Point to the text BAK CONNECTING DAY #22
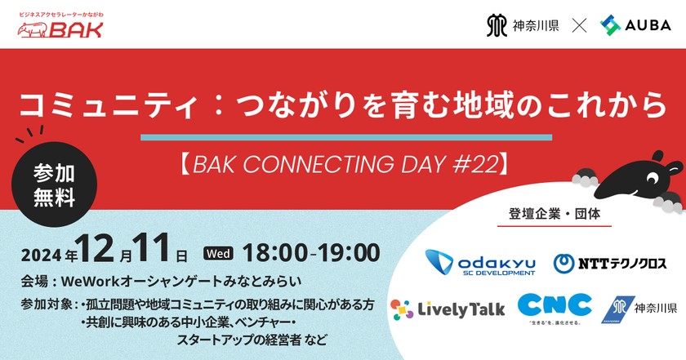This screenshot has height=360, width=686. (343, 163)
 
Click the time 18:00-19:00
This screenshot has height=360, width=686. (310, 251)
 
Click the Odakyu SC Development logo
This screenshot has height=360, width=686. (480, 262)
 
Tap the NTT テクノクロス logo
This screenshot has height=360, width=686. (610, 263)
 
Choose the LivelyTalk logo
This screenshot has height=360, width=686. (448, 309)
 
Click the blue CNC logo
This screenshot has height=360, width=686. (555, 305)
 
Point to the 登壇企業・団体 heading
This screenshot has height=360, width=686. (556, 217)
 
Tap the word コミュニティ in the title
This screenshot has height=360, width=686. (91, 103)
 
